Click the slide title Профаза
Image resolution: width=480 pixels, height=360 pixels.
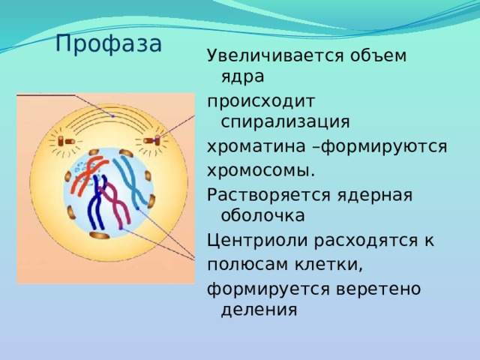click(109, 44)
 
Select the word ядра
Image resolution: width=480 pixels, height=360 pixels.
click(242, 76)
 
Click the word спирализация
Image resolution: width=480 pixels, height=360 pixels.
click(285, 122)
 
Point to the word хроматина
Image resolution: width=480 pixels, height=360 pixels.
click(256, 146)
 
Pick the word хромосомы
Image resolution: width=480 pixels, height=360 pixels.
click(261, 170)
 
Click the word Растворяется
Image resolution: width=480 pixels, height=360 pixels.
click(268, 195)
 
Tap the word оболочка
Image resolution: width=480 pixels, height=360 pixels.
click(263, 215)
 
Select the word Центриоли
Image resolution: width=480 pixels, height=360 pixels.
click(258, 241)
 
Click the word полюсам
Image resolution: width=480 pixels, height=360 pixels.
click(247, 265)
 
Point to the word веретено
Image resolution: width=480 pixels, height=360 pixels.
click(378, 289)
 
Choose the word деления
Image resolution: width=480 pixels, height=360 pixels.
click(259, 310)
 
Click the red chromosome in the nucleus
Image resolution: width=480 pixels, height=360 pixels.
click(88, 175)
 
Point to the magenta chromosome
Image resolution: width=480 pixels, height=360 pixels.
click(115, 205)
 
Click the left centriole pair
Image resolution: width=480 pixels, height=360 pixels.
click(66, 141)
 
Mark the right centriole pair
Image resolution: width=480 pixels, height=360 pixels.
click(152, 140)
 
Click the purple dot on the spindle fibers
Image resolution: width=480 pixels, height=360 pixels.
click(113, 116)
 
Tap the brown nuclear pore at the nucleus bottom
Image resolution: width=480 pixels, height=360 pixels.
click(100, 235)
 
